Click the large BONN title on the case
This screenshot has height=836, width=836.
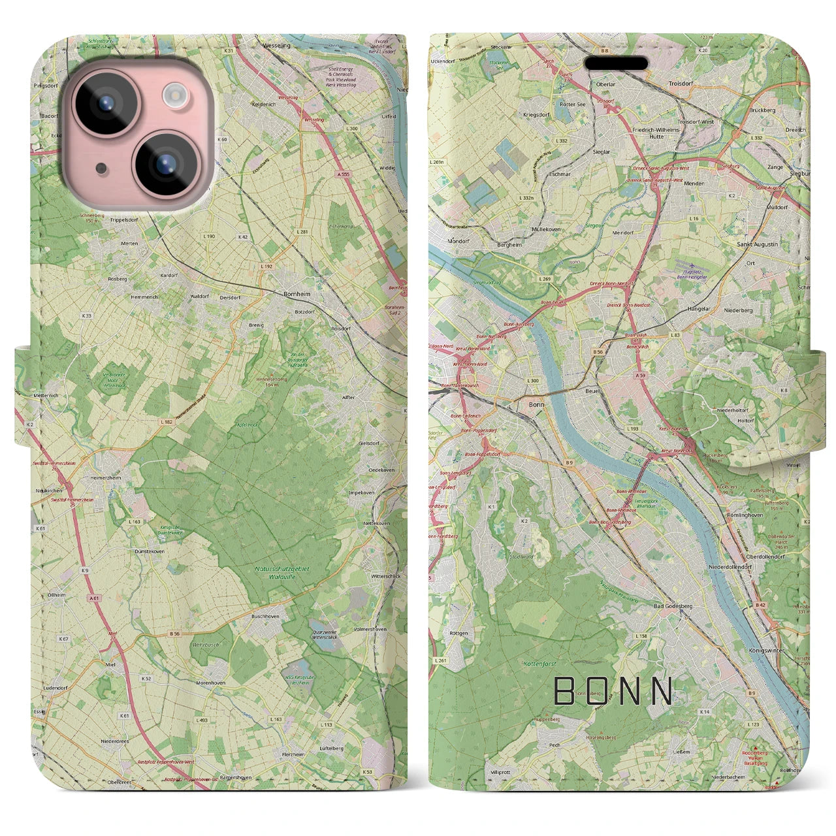tap(613, 690)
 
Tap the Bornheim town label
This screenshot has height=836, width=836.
tap(297, 295)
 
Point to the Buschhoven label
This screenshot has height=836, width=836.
tap(265, 616)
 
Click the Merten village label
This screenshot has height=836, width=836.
tap(129, 243)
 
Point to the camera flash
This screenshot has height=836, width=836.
tap(174, 96)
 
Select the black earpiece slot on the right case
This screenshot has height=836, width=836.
tap(615, 63)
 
